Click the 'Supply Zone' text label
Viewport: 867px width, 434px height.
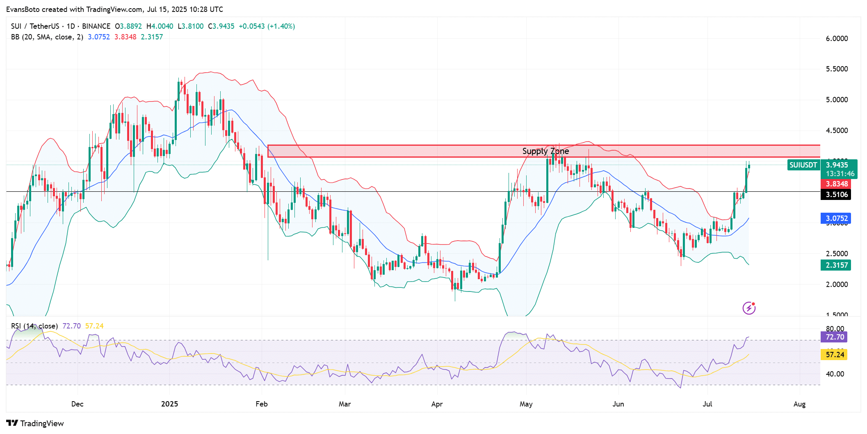tap(545, 151)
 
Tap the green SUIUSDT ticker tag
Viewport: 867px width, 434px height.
tap(803, 165)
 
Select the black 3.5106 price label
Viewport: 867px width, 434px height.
tap(836, 195)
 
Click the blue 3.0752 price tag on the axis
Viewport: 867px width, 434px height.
tap(836, 218)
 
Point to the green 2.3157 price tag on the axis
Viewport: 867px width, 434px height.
tap(836, 265)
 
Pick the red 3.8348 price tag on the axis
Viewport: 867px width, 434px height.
tap(836, 184)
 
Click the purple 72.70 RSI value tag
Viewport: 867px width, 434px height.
tap(835, 337)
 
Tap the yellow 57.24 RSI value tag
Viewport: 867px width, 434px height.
tap(835, 355)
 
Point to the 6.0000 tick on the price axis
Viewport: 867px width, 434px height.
tap(837, 39)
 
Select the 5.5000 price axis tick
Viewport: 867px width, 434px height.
tap(837, 69)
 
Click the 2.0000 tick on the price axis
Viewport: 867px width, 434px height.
tap(837, 285)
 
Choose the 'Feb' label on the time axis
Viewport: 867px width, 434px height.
tap(262, 404)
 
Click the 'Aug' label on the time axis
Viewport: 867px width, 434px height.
tap(799, 404)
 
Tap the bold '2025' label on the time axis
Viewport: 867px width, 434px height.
tap(169, 404)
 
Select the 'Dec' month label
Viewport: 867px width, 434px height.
tap(77, 404)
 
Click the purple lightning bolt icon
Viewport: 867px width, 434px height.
tap(749, 308)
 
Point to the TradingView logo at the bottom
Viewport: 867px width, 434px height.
tap(35, 423)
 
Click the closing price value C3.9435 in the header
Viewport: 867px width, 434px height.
tap(221, 26)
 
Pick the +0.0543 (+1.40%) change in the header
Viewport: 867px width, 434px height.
tap(267, 26)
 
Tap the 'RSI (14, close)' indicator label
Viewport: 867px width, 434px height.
tap(34, 326)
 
